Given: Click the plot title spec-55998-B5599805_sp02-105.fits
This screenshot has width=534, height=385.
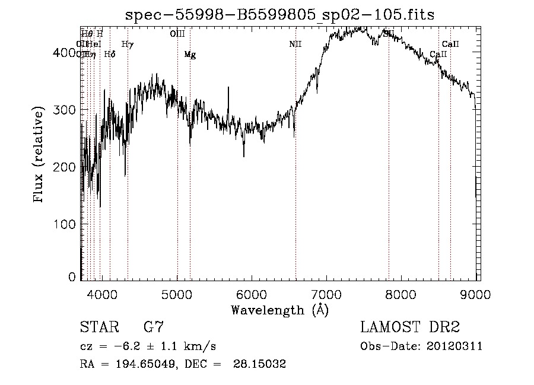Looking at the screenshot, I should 279,15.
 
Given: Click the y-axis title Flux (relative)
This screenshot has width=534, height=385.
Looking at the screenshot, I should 40,155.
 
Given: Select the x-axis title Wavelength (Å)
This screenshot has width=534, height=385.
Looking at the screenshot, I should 279,310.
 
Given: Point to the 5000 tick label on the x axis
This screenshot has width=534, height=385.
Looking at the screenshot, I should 177,294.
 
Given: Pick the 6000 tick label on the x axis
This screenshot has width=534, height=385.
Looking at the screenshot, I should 252,294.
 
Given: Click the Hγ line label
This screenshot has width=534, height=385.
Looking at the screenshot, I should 128,44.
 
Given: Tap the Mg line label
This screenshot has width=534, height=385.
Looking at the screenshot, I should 190,55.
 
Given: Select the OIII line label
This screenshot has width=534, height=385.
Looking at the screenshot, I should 177,34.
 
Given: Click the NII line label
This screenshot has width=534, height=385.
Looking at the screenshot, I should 295,44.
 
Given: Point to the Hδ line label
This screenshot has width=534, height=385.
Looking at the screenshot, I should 109,55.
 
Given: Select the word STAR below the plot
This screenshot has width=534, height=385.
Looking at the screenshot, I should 97,327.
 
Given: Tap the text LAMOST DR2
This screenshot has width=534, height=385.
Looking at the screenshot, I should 410,327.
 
